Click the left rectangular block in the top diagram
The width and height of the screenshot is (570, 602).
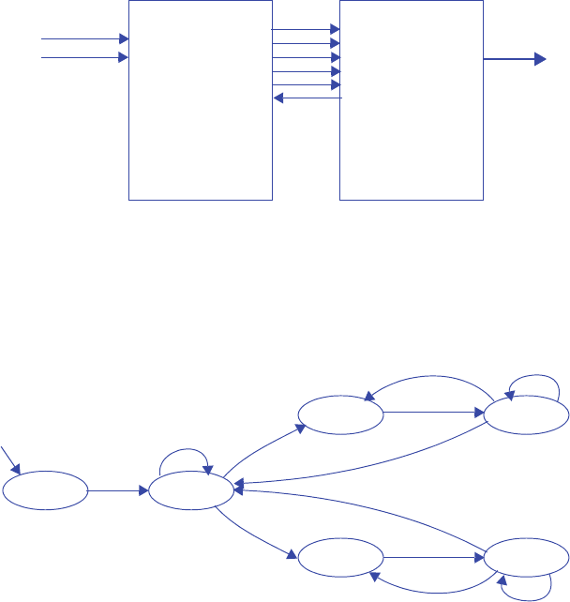coord(200,99)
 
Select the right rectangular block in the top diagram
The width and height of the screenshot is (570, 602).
coord(412,99)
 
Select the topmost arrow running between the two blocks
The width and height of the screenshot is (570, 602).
coord(306,29)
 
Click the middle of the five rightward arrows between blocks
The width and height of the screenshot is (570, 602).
coord(306,57)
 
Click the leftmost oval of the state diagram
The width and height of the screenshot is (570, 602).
coord(44,489)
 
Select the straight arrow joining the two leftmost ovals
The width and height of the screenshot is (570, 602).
coord(117,489)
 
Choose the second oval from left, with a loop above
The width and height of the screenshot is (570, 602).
coord(191,489)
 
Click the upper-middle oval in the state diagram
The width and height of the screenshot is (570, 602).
coord(340,413)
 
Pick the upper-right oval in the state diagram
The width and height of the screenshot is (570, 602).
coord(525,414)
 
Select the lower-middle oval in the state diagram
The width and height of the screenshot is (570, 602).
coord(340,558)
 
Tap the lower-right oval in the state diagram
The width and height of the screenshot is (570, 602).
coord(525,558)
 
